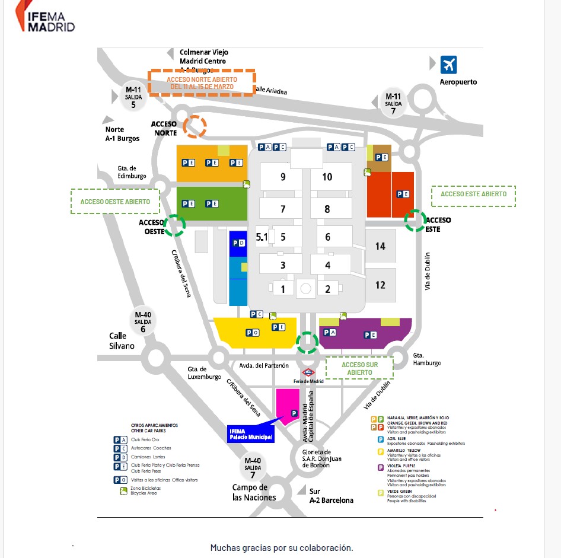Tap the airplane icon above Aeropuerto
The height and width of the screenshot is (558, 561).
449,64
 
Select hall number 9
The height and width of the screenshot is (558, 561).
283,177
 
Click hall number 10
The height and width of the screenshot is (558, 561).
327,177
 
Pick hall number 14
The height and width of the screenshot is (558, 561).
380,246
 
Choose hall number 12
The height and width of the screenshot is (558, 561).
380,285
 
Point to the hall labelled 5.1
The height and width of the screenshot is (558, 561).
262,237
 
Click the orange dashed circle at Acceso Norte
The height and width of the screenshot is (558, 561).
195,126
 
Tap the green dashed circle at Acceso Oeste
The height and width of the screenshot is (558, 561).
174,226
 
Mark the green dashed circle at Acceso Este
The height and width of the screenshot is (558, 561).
415,220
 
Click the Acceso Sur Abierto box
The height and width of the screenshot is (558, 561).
359,368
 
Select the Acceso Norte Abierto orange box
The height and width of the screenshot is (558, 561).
202,82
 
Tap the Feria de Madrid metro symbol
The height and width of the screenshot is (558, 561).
308,372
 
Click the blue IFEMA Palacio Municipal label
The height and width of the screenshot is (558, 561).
251,434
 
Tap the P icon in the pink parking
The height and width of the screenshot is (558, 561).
293,413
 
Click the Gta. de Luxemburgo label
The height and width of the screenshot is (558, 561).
205,372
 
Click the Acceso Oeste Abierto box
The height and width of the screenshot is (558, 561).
115,202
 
